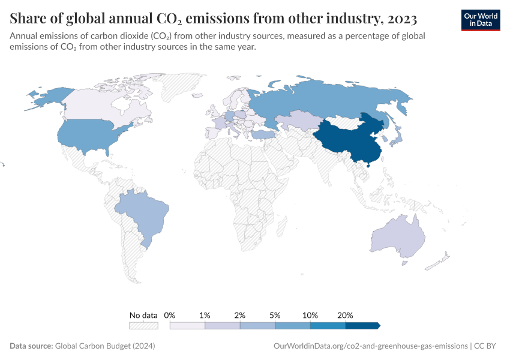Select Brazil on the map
pos(141,213)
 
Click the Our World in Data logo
pos(480,19)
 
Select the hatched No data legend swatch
pos(143,326)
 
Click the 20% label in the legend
pos(345,315)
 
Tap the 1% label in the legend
pos(205,315)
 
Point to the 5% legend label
pos(275,315)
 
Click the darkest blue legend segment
pos(362,326)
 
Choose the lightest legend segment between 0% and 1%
pos(187,326)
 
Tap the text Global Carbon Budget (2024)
pos(104,346)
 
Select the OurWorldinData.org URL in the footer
pos(370,346)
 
